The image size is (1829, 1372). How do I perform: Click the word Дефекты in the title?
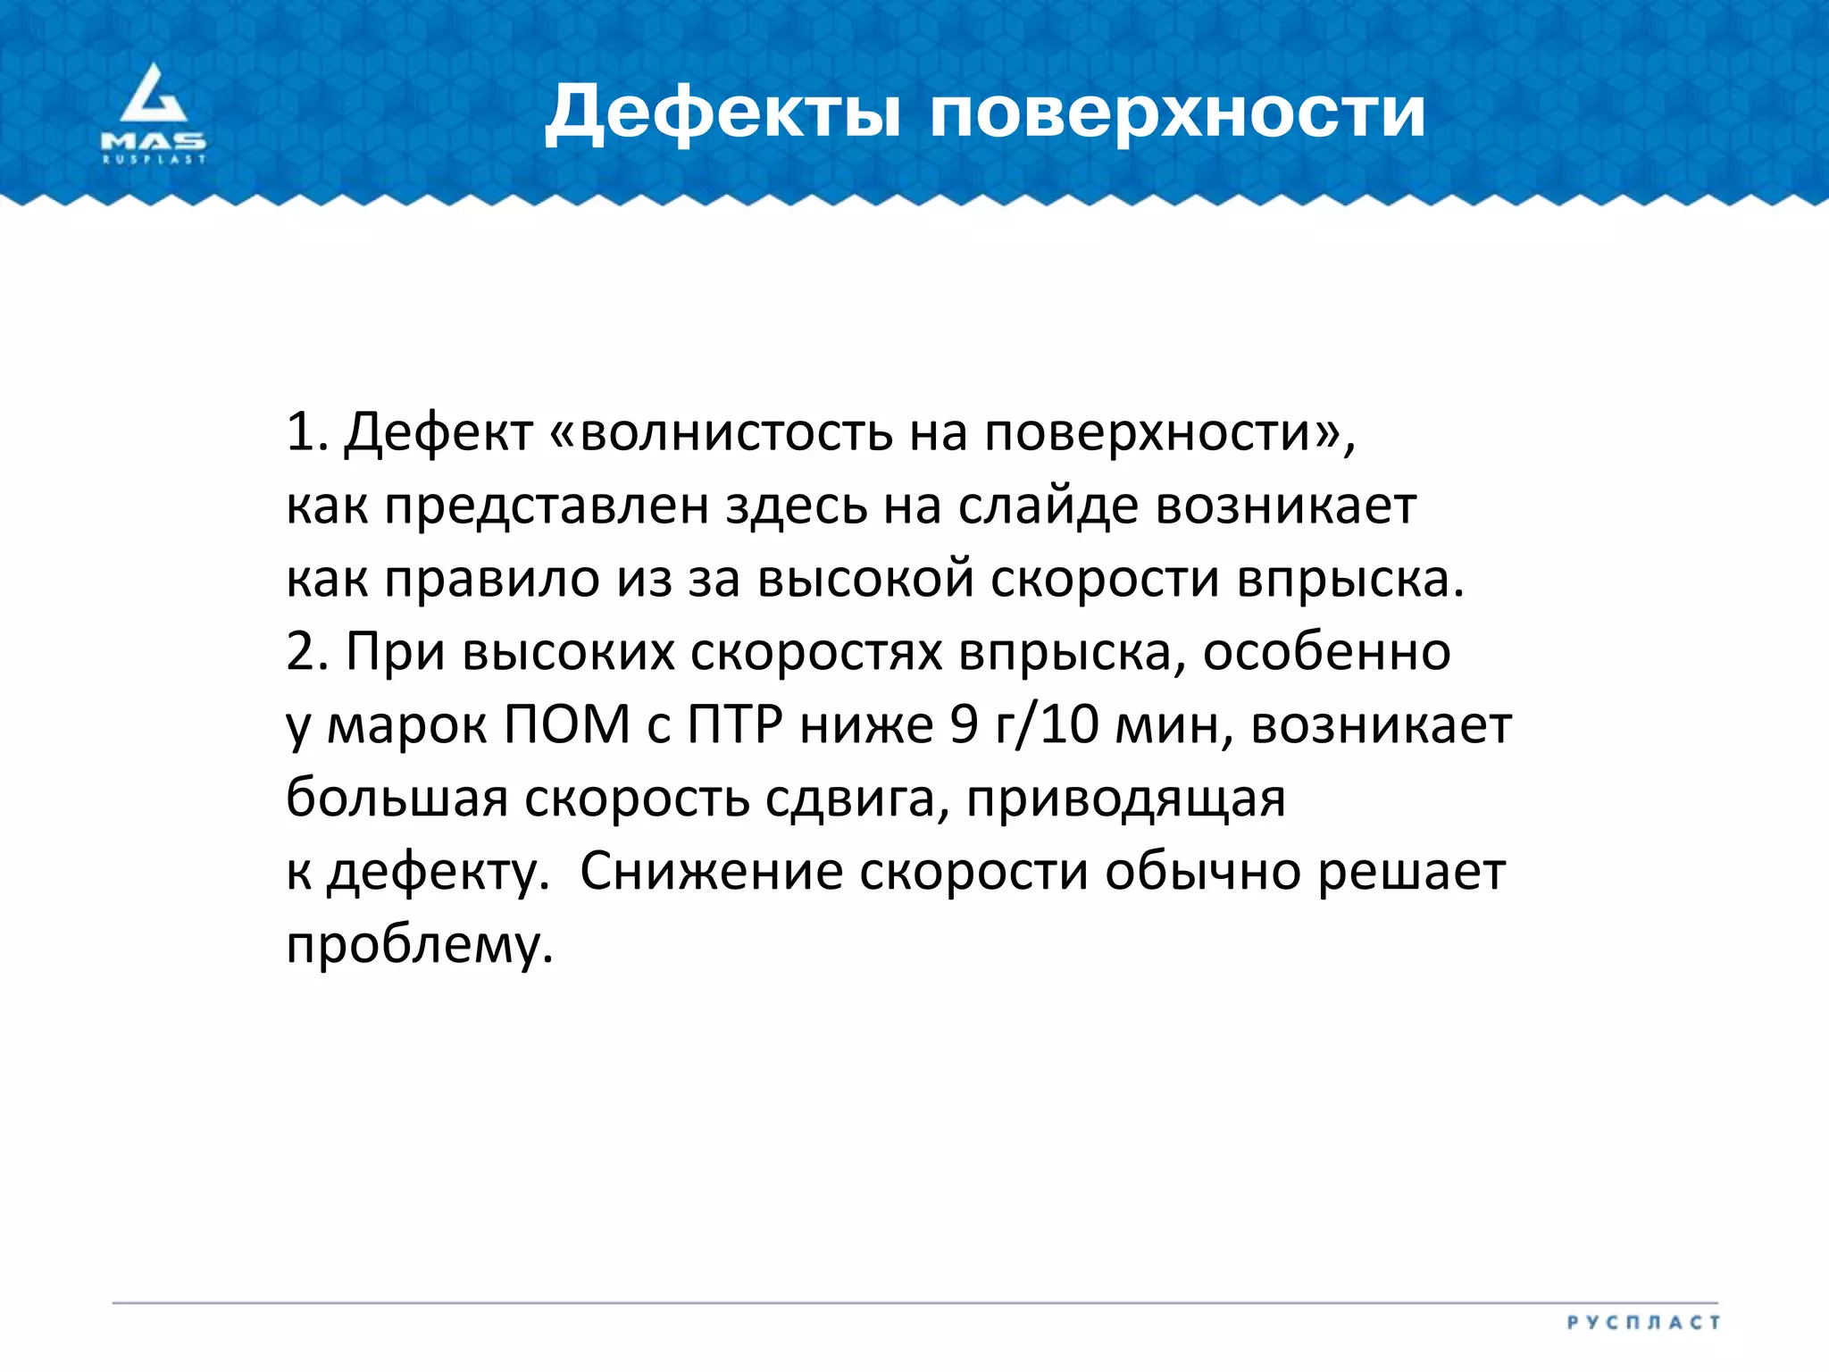click(723, 113)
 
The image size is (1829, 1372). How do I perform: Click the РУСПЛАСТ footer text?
click(1642, 1322)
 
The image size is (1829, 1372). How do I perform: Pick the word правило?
click(492, 579)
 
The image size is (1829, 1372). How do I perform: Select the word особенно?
click(1326, 652)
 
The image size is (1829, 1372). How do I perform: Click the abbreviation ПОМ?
click(567, 724)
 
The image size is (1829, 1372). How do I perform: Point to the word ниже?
click(866, 724)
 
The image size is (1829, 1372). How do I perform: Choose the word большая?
click(397, 798)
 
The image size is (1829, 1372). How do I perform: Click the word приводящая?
click(1125, 798)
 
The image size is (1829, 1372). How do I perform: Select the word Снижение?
click(711, 871)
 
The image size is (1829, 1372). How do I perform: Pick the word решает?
click(1412, 871)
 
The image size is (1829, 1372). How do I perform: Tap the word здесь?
click(796, 506)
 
